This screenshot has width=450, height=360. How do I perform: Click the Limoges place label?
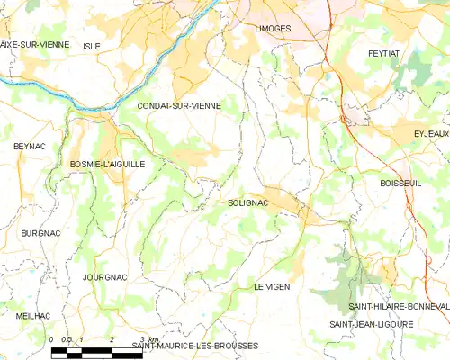tap(267, 29)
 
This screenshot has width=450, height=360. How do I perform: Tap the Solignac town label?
tap(248, 204)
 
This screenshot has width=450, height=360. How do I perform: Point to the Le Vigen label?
tap(271, 286)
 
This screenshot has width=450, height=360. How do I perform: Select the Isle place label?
tap(92, 45)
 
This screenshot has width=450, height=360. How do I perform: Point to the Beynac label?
tap(29, 146)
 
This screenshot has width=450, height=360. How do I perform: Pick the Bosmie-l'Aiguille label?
tap(107, 164)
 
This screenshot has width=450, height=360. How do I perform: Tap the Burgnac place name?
tap(40, 233)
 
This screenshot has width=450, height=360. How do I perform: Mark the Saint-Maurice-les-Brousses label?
tap(195, 346)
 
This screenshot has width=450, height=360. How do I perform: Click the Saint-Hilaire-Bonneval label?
tap(392, 306)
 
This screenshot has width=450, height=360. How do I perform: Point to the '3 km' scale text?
tap(149, 339)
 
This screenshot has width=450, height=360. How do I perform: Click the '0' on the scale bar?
tap(52, 339)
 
